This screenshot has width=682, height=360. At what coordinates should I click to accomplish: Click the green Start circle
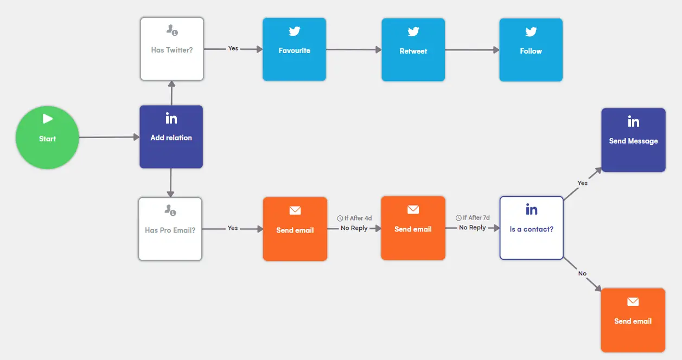(47, 138)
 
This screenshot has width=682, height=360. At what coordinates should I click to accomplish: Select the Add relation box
(171, 137)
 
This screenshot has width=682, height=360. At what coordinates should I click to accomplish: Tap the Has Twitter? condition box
(171, 49)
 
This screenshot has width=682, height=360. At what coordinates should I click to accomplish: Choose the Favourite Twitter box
(294, 49)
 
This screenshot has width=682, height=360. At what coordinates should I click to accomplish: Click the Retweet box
(413, 50)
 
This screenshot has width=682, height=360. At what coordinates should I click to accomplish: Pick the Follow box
(531, 50)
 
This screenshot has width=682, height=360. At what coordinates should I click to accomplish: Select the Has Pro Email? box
(170, 229)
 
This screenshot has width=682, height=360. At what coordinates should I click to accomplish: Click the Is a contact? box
(531, 228)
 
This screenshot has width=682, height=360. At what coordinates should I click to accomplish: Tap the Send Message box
(633, 140)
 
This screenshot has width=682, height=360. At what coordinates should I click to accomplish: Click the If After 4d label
(354, 218)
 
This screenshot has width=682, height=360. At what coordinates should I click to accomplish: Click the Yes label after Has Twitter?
(233, 48)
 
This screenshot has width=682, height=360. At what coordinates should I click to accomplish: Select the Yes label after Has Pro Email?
(233, 228)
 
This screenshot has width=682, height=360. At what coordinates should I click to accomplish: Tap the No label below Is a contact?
(582, 273)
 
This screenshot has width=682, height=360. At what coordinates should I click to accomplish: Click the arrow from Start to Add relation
(109, 137)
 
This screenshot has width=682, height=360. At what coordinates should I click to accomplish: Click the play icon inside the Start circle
(48, 119)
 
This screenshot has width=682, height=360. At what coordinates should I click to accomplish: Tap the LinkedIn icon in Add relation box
(171, 118)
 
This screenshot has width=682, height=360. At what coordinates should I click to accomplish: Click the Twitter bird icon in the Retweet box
(413, 32)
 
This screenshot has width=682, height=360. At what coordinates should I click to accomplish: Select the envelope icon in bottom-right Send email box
(633, 302)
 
